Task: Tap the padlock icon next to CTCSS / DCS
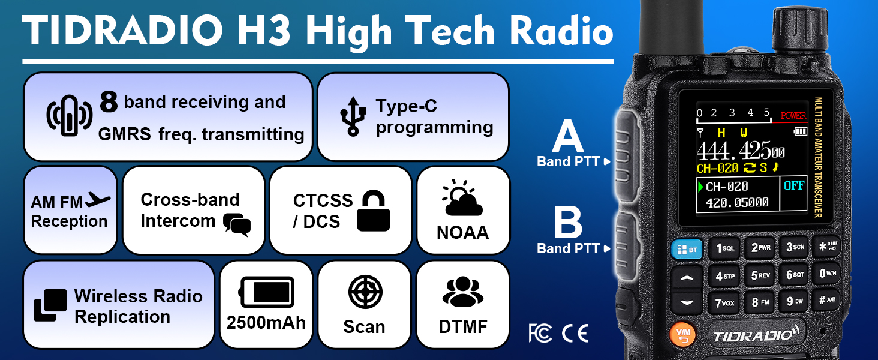373,211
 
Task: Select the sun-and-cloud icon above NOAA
462,199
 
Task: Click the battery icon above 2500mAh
266,292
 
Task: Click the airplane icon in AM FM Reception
98,200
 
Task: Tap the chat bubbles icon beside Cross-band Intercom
236,224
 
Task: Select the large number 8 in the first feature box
109,102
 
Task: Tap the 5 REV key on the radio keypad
760,275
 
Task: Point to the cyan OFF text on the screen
793,185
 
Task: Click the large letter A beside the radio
567,137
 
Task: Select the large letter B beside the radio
567,223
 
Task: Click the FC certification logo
540,332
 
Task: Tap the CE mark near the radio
575,332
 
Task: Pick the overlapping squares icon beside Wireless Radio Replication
50,305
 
